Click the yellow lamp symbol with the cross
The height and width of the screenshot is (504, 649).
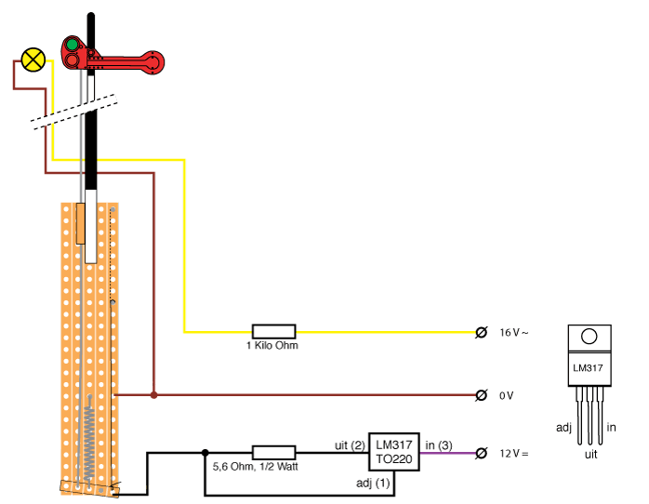[33, 60]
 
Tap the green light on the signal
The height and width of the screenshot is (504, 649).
[73, 45]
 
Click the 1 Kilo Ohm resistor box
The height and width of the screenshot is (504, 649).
[273, 332]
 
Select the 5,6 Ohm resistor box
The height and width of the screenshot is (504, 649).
[273, 453]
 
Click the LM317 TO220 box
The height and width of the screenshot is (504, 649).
[394, 452]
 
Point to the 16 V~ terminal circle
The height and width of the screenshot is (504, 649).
[481, 332]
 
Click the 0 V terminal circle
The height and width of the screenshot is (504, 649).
[481, 395]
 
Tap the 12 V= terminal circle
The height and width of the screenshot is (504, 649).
[481, 454]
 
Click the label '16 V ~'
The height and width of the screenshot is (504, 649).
[513, 333]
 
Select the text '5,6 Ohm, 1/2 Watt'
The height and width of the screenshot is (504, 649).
[256, 467]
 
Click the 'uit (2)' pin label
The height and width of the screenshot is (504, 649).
[350, 445]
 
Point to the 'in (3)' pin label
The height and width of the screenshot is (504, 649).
[439, 445]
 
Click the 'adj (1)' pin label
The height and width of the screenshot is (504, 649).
[373, 483]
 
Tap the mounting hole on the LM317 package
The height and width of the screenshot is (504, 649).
[589, 337]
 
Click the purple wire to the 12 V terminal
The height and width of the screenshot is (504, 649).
[448, 453]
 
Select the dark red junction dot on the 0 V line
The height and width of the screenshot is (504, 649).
[154, 395]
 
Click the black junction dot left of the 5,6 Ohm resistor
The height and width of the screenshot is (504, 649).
[205, 453]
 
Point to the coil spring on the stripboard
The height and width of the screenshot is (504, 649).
[89, 440]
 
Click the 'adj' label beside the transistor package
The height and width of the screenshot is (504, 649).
[563, 428]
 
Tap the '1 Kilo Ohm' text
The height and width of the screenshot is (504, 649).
[272, 346]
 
